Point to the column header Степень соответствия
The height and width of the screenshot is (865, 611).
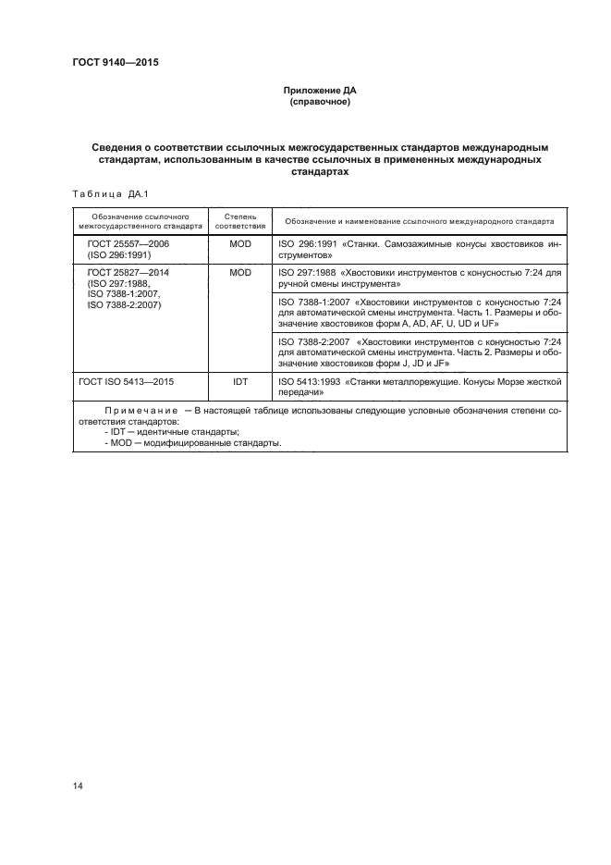point(240,220)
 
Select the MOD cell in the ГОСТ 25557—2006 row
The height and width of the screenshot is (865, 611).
point(240,243)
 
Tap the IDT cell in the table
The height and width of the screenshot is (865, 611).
point(240,380)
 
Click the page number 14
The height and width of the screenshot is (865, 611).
point(78,785)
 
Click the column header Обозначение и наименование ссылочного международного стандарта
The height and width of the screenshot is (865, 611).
point(419,221)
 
